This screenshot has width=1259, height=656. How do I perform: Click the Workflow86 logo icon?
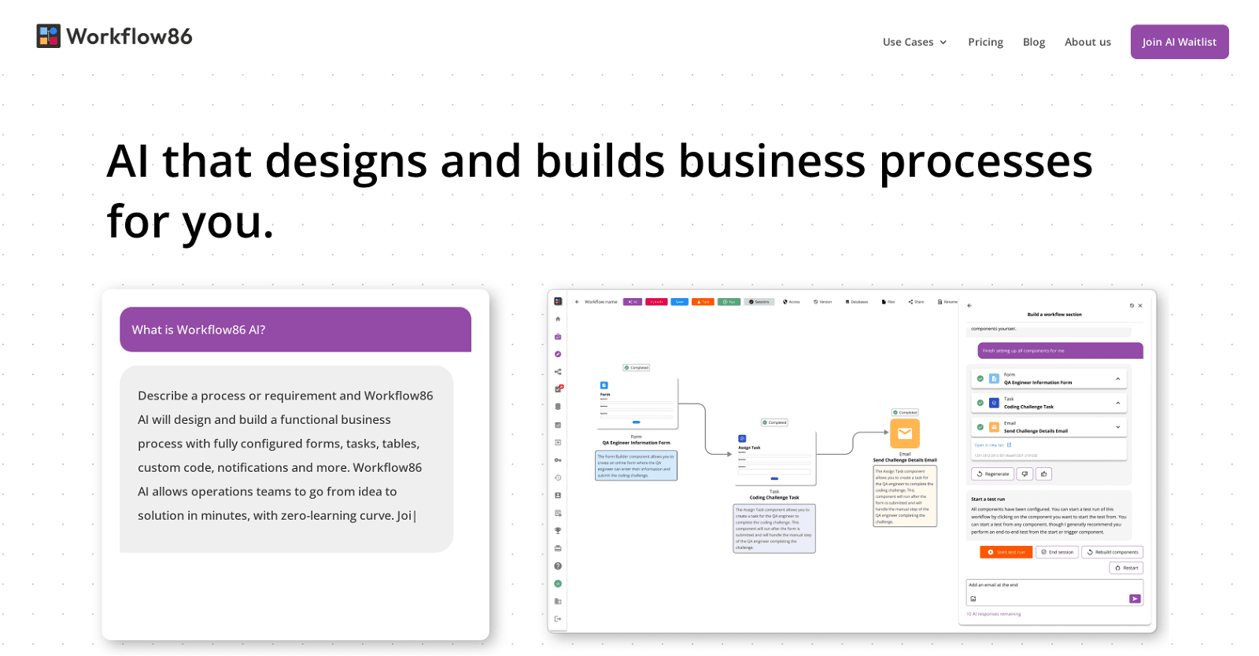coord(48,36)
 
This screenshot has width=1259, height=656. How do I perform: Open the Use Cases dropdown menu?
coord(914,42)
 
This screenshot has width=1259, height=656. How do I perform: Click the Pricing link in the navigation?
coord(985,42)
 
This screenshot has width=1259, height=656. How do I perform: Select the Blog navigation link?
coord(1034,42)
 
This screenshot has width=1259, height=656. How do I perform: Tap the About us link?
coord(1087,42)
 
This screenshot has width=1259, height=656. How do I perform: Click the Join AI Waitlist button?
coord(1179,42)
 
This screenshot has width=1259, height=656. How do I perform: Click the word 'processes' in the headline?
coord(985,162)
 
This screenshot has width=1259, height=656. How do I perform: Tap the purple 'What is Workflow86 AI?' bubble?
coord(295,330)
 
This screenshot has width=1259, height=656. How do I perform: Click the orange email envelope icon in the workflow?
coord(904,433)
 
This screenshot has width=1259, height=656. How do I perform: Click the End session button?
coord(1057,552)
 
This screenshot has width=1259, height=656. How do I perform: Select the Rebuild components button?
coord(1112,552)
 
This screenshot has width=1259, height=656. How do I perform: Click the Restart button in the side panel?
coord(1126,568)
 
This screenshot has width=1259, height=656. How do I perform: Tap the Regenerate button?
coord(992,474)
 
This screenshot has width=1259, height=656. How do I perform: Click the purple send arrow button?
coord(1134,599)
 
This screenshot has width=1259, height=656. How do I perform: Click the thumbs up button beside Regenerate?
coord(1043,474)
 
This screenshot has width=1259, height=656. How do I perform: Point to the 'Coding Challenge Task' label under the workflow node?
coord(773,498)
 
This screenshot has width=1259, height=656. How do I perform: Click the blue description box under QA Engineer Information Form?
coord(636,466)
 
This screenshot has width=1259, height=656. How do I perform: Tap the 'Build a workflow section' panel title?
coord(1054,315)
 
